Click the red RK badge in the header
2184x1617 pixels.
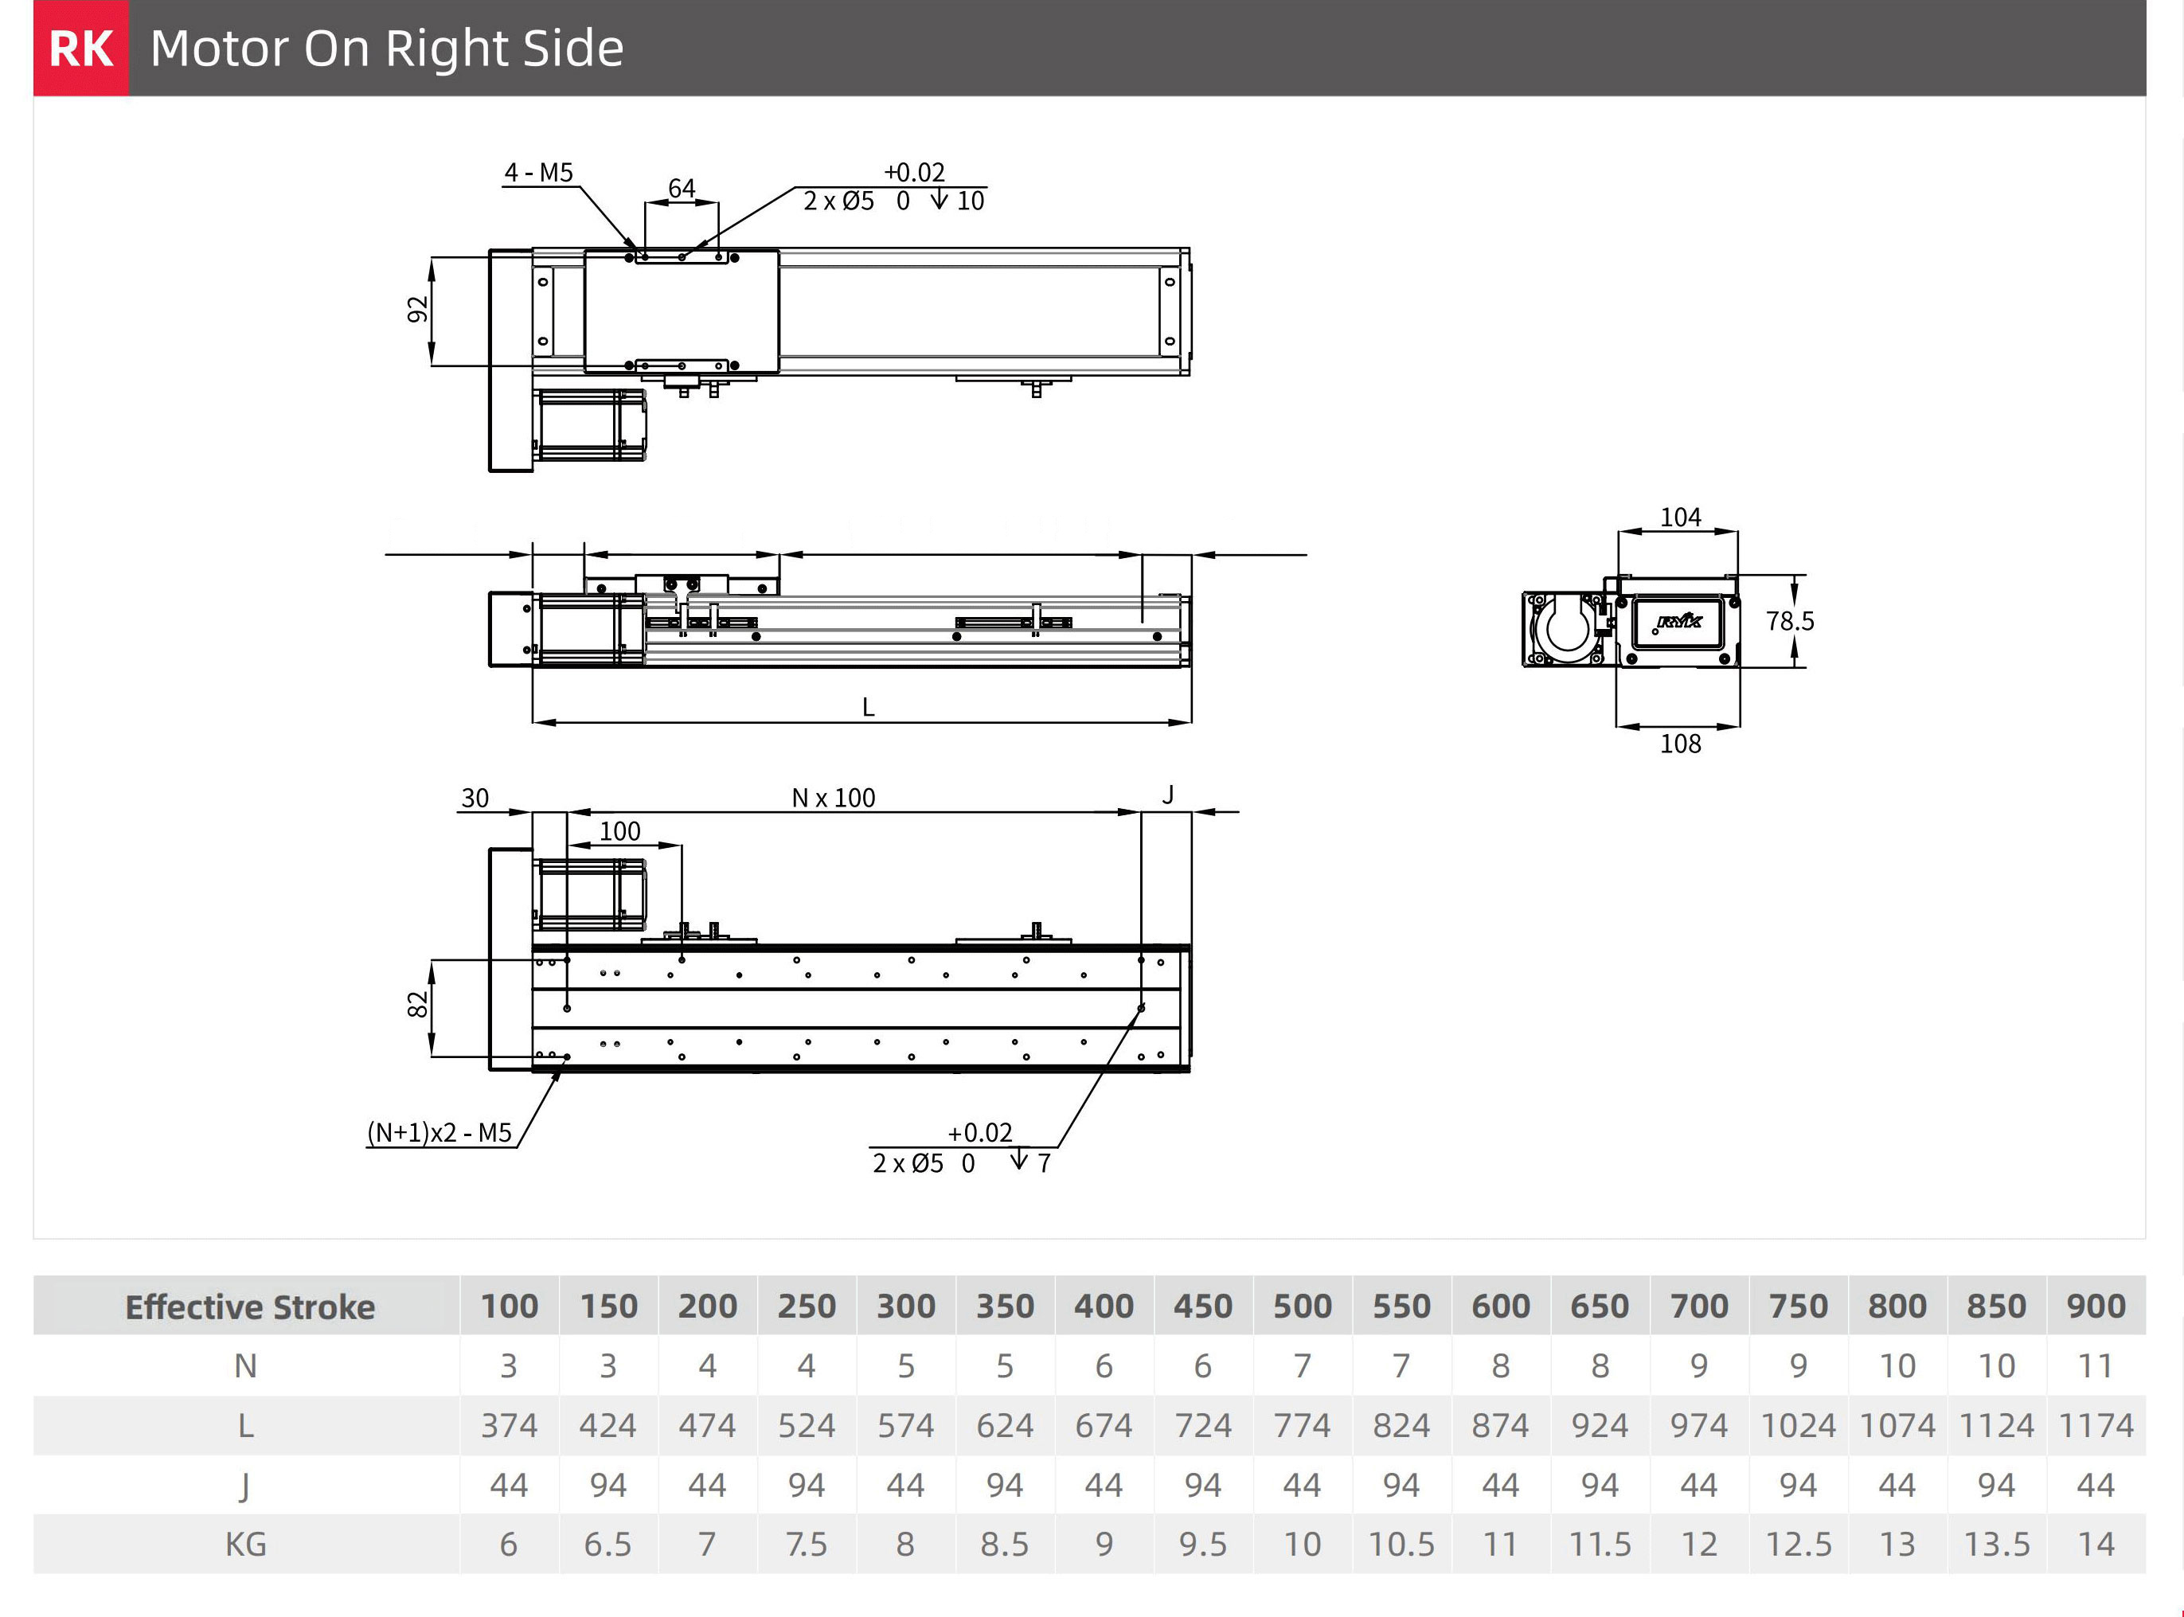tap(80, 48)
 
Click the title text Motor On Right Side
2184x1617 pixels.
tap(387, 48)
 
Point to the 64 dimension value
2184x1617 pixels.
tap(682, 188)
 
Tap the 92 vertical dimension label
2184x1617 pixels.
tap(418, 309)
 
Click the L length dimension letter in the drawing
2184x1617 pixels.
tap(869, 707)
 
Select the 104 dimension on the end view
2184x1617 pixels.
tap(1680, 517)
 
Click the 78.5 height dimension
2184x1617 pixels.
tap(1790, 620)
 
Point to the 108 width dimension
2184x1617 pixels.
tap(1680, 744)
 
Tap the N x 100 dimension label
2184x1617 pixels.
tap(833, 798)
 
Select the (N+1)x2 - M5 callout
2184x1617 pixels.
tap(440, 1132)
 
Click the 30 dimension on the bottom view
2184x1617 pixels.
tap(475, 798)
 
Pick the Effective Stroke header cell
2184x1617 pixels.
tap(250, 1306)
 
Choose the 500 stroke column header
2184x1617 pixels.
tap(1302, 1306)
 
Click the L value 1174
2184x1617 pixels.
tap(2095, 1425)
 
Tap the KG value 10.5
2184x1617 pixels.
tap(1401, 1545)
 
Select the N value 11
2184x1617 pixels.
tap(2095, 1365)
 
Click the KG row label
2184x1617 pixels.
tap(246, 1545)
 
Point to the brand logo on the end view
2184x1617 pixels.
tap(1679, 620)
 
